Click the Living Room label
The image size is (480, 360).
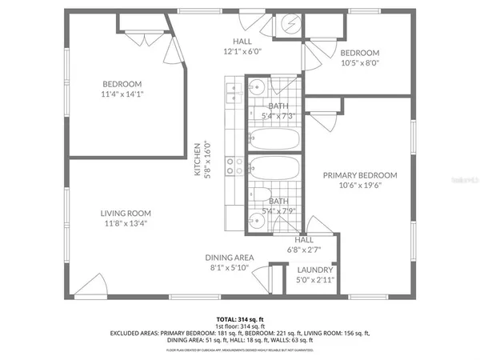[126, 213]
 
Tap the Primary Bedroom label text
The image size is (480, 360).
[359, 174]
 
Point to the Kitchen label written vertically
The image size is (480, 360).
[197, 159]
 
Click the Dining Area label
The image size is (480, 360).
[230, 257]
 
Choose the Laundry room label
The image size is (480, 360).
[314, 270]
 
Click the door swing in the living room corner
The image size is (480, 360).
[94, 285]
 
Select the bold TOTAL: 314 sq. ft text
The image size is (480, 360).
[239, 319]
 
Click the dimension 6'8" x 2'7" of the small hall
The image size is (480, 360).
[304, 249]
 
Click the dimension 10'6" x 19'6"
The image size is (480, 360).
[359, 186]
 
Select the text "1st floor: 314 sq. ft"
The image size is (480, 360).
[239, 326]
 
